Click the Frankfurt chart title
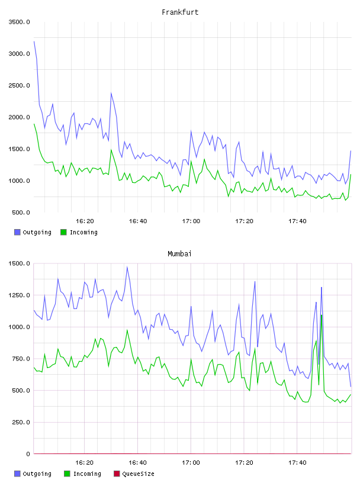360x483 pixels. [x=180, y=12]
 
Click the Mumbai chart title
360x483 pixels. [x=179, y=254]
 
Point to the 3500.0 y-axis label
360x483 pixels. [x=19, y=22]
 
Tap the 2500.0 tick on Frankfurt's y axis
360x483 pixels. [x=19, y=85]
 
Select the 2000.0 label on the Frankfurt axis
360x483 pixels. [x=19, y=117]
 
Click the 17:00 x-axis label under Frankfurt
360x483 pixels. [x=191, y=221]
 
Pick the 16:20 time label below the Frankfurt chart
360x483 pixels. [x=85, y=221]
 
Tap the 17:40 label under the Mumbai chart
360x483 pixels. [x=297, y=462]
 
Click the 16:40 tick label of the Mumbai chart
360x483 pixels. [x=137, y=462]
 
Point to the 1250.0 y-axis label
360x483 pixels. [x=19, y=295]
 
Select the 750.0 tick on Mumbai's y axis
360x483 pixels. [x=21, y=359]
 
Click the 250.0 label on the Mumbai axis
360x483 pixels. [x=21, y=422]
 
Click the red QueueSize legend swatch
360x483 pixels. [x=117, y=474]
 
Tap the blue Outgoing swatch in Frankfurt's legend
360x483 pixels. [x=17, y=232]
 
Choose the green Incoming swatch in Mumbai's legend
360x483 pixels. [x=67, y=474]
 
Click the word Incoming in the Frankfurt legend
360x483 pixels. [x=83, y=232]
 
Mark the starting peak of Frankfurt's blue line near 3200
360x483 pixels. [x=34, y=41]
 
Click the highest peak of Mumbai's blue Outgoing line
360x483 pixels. [x=127, y=267]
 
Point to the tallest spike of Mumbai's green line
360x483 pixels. [x=322, y=315]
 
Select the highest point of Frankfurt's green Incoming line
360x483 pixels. [x=34, y=124]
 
